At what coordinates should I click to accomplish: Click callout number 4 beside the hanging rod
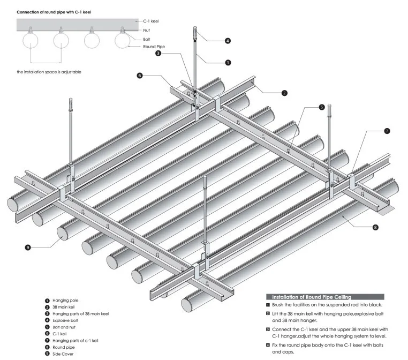pos(228,41)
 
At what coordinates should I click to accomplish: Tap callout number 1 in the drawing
pos(228,63)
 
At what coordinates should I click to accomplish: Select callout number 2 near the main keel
pos(284,93)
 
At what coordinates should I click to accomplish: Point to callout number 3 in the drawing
pos(158,53)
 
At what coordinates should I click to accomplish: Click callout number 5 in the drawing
pos(322,107)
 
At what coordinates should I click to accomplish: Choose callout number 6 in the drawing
pos(140,76)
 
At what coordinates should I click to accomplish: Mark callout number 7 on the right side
pos(387,131)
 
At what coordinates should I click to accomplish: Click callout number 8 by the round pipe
pos(375,227)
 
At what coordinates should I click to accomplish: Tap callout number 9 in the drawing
pos(27,247)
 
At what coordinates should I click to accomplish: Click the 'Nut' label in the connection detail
pos(146,30)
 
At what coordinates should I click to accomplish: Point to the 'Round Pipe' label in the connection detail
pos(154,47)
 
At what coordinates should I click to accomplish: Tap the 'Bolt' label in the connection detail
pos(147,39)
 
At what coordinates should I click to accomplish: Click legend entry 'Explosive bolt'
pos(65,320)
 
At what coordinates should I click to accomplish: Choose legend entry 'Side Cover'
pos(63,354)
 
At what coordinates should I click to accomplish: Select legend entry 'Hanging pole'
pos(65,301)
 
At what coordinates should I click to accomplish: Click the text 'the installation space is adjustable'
pos(49,72)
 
